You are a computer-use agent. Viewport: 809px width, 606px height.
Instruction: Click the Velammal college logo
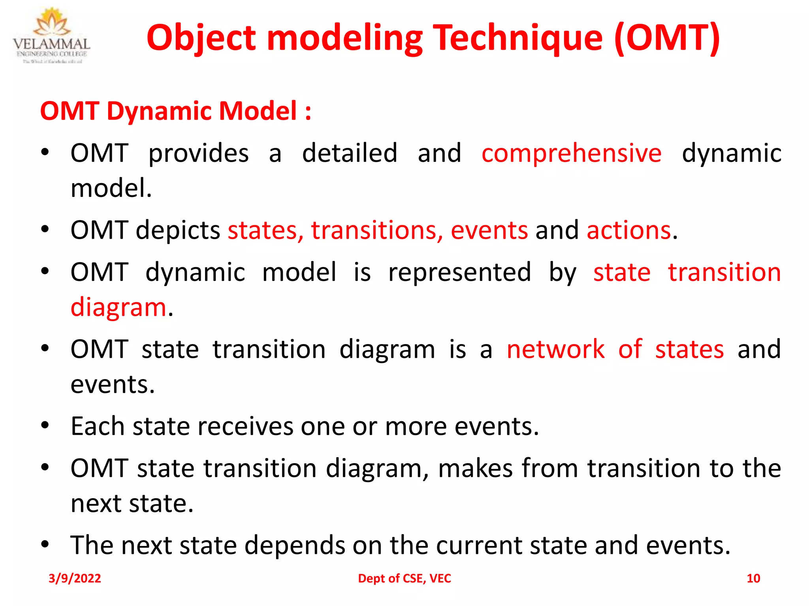tap(51, 36)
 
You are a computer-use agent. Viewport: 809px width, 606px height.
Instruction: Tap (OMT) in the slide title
tap(668, 38)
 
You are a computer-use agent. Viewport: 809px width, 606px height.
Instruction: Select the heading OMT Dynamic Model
tap(175, 111)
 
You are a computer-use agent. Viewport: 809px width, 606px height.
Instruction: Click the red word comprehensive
tap(571, 153)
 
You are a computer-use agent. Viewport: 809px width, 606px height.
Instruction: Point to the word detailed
tap(349, 153)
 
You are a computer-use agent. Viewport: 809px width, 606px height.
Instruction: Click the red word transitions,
tap(377, 230)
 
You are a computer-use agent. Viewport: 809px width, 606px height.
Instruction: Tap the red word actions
tap(629, 230)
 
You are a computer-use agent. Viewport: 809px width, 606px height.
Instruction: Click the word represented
tap(459, 273)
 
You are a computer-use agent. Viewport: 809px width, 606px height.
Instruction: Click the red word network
tap(555, 350)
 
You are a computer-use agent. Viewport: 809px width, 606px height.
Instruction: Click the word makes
tap(475, 468)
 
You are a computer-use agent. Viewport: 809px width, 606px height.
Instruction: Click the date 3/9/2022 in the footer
tap(75, 578)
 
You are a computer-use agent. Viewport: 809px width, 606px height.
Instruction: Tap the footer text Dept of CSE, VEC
tap(404, 578)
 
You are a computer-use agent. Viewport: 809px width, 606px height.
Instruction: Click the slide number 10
tap(753, 578)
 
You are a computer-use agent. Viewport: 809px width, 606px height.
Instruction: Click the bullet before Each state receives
tap(45, 426)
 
